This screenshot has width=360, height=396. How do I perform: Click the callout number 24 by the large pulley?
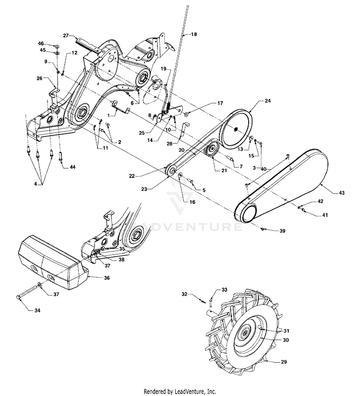[268, 101]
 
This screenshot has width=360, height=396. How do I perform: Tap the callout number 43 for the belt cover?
[342, 192]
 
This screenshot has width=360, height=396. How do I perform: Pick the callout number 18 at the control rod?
[194, 34]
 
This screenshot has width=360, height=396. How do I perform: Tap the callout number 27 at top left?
[66, 35]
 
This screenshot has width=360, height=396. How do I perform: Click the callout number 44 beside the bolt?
[72, 167]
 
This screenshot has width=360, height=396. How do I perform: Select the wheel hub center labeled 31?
[246, 334]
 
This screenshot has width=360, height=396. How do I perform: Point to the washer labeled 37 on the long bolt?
[39, 289]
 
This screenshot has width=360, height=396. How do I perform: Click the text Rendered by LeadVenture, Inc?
[180, 391]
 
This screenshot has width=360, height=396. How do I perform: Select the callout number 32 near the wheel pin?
[185, 293]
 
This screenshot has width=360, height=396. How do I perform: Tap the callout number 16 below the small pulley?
[192, 202]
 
